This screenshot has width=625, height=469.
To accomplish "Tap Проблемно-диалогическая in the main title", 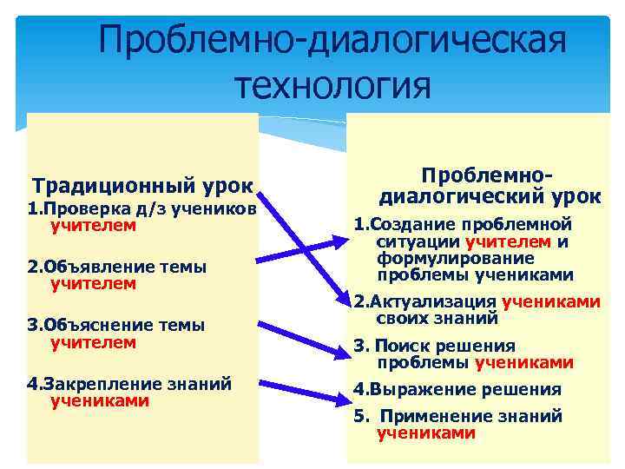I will point(333,39).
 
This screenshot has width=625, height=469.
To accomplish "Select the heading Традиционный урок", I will point(142,185).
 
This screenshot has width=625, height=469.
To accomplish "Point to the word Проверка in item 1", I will point(82,208).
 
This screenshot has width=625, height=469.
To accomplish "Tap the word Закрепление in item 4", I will point(94,384).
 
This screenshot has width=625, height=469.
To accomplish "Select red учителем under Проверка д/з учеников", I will point(93,225).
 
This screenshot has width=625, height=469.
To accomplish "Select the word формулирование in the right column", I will point(443,259).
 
